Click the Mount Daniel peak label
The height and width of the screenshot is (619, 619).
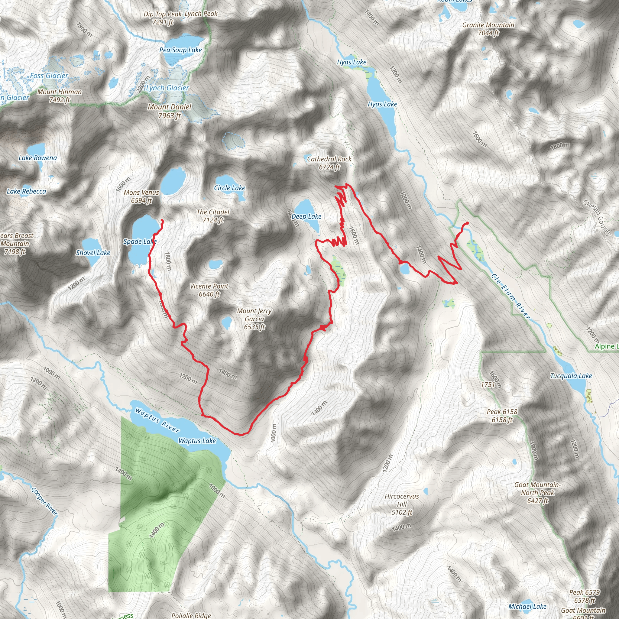[170, 111]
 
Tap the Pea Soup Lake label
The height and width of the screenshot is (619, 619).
[180, 50]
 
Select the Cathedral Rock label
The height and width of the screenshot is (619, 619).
[329, 163]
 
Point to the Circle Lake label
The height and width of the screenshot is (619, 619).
[229, 188]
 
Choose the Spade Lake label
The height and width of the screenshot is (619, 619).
[140, 241]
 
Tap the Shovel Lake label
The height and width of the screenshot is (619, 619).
[93, 253]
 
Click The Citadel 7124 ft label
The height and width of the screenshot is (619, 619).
[213, 216]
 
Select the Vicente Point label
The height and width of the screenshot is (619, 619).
[209, 290]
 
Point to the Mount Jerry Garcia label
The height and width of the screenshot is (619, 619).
[254, 319]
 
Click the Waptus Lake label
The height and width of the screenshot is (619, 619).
[197, 441]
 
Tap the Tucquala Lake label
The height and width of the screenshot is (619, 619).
[571, 376]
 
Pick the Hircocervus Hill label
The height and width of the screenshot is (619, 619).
[402, 504]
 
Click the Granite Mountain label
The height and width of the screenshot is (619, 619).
[488, 29]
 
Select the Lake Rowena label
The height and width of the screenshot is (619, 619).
[37, 158]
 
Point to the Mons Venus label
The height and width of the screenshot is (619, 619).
[141, 196]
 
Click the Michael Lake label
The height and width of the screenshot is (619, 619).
[527, 606]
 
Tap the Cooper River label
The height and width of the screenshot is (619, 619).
[44, 501]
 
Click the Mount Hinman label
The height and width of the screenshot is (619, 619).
[60, 96]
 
